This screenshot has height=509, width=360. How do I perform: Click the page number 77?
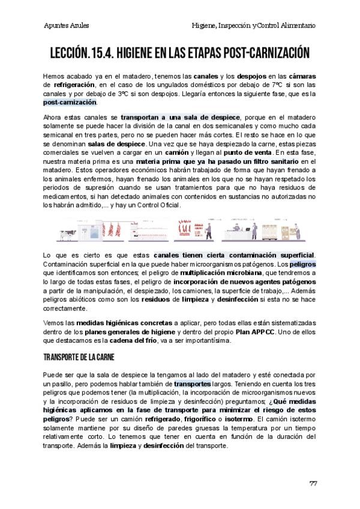click(x=313, y=484)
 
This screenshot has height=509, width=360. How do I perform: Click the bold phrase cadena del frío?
click(x=151, y=341)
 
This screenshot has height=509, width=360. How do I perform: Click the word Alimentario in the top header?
click(x=296, y=26)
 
